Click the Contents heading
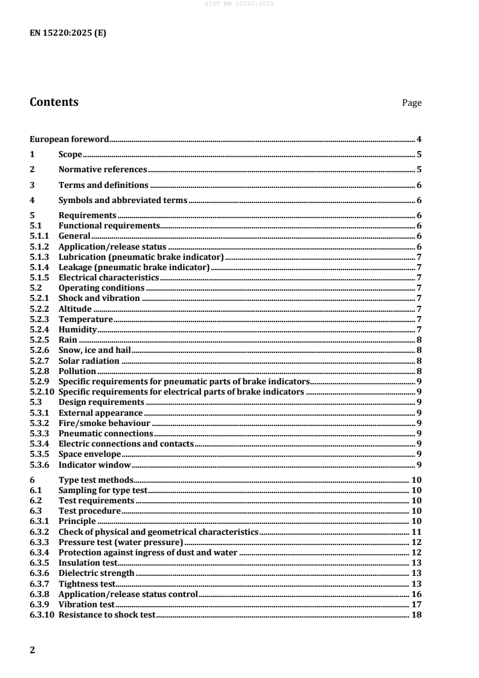tap(54, 102)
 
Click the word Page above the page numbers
tap(412, 103)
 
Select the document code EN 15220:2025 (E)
tap(68, 34)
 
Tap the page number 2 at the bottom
tap(33, 650)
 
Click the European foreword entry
tap(69, 140)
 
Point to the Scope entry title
tap(70, 155)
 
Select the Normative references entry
tap(103, 170)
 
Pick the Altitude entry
tap(75, 309)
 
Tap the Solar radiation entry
tap(89, 361)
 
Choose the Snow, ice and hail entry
tap(94, 350)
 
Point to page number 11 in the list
tap(416, 532)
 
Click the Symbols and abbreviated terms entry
tap(123, 200)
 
